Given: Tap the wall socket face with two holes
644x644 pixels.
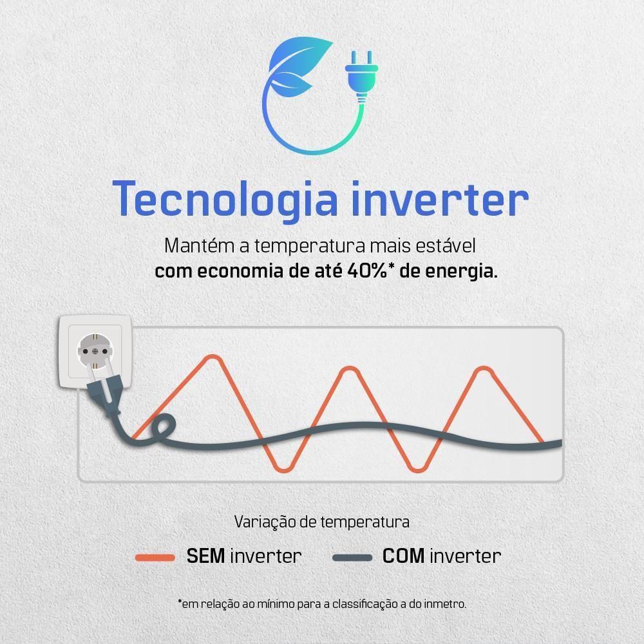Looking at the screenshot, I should [95, 350].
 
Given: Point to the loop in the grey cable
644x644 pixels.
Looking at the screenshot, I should [160, 429].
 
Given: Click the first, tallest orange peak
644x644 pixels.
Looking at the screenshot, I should [211, 357].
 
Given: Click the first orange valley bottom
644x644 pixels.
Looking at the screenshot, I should [283, 469].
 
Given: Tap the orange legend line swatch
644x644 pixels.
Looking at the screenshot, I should [155, 557].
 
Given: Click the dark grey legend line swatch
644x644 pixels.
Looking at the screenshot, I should [352, 557].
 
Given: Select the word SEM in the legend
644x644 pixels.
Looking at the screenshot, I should [205, 556].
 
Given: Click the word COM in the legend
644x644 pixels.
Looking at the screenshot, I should [403, 556].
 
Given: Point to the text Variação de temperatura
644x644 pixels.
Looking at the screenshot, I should [321, 521].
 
